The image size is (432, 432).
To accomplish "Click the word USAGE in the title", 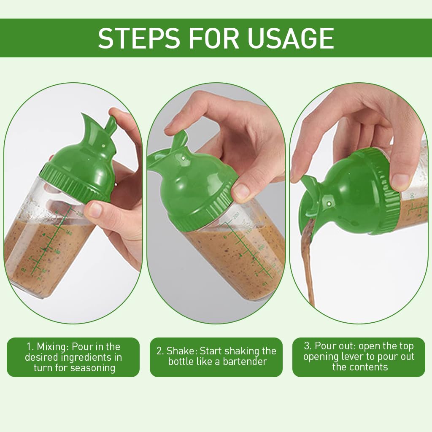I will click(x=291, y=38).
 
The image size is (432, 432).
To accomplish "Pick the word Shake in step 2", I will click(x=182, y=351).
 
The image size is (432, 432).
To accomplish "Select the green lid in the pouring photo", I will click(x=354, y=194).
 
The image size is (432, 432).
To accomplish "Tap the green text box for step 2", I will click(x=216, y=357).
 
